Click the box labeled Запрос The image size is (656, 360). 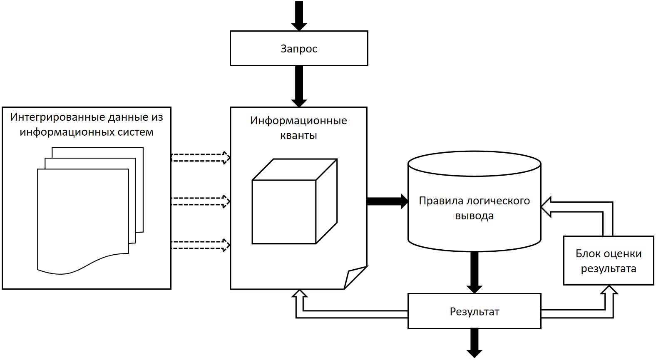tap(299, 48)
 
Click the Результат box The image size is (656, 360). tap(474, 311)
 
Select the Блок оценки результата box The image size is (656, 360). tap(608, 261)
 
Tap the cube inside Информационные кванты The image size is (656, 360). tap(294, 201)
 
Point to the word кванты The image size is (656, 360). tap(298, 136)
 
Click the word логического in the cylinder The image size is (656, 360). tap(497, 201)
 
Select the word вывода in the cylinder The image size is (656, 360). tap(474, 216)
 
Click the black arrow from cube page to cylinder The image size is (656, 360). tap(387, 201)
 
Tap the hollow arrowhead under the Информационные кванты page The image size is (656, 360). tap(300, 294)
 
